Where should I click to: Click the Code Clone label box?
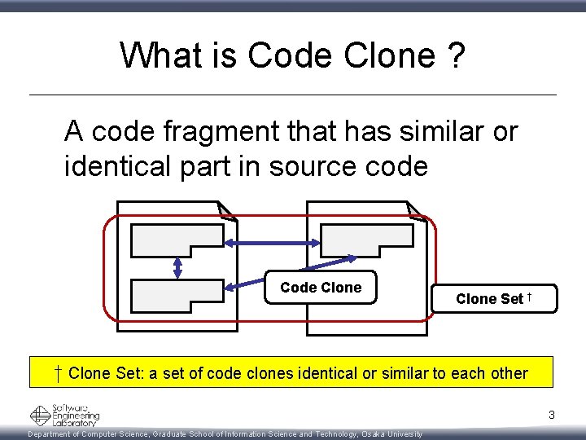tap(321, 288)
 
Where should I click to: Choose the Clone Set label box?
tap(494, 298)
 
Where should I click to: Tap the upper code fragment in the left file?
tap(175, 240)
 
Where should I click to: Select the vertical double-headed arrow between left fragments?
tap(177, 266)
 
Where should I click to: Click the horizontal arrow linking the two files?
tap(273, 242)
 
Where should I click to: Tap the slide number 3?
tap(551, 416)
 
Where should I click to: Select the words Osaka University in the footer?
tap(392, 434)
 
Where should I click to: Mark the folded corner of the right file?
tap(418, 211)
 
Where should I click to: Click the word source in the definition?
tap(313, 165)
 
